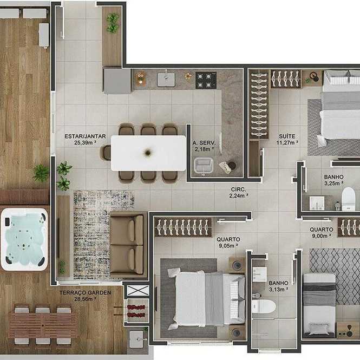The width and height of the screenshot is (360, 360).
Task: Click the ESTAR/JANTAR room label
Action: [x=85, y=136]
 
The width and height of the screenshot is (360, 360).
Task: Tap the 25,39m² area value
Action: [x=85, y=142]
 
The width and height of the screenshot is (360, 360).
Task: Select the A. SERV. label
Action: [x=204, y=143]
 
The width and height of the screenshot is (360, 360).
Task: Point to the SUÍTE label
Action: [x=287, y=136]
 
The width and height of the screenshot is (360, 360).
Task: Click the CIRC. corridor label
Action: [x=238, y=189]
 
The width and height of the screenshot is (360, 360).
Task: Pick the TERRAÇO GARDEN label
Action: [x=85, y=293]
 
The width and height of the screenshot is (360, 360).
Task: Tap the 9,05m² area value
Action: [x=228, y=246]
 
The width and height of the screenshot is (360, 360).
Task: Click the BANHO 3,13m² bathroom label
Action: [x=278, y=286]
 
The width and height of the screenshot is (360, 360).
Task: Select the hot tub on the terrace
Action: [x=24, y=239]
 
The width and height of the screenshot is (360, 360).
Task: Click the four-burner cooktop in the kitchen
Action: [x=206, y=80]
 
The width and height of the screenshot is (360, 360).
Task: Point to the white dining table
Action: [x=148, y=153]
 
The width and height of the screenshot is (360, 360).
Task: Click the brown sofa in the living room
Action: [x=128, y=245]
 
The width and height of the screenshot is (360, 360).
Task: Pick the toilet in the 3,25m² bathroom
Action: [x=348, y=199]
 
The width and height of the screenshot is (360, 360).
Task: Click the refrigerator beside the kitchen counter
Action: [x=117, y=82]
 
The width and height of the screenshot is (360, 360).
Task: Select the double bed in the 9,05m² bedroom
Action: [x=206, y=298]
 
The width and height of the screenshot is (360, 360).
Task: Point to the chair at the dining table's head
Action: [x=106, y=153]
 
